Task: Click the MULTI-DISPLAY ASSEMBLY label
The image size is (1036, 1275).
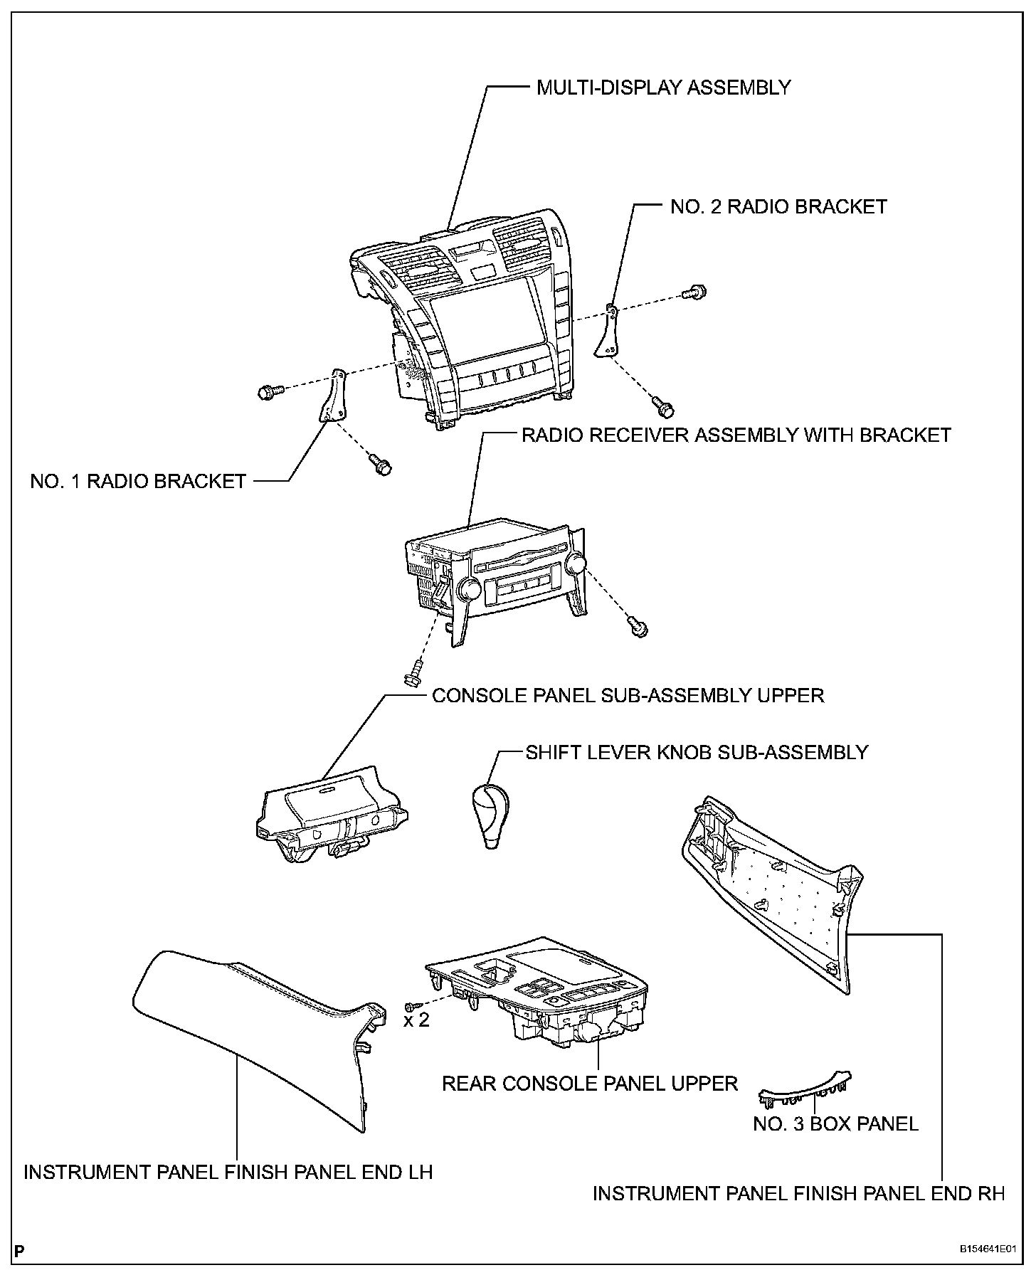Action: [663, 88]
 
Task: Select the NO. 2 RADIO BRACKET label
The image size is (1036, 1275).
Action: [778, 206]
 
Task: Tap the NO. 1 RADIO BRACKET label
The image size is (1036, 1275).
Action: [138, 481]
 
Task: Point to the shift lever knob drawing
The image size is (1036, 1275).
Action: [492, 815]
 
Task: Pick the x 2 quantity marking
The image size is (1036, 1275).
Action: [416, 1020]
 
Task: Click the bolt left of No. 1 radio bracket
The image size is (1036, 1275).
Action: [268, 390]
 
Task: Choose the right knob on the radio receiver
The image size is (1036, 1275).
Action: [577, 564]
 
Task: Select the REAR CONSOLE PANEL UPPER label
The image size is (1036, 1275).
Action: [589, 1083]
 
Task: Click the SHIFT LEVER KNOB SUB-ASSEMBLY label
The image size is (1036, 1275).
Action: [697, 752]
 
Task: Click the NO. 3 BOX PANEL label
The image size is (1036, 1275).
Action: [835, 1123]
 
